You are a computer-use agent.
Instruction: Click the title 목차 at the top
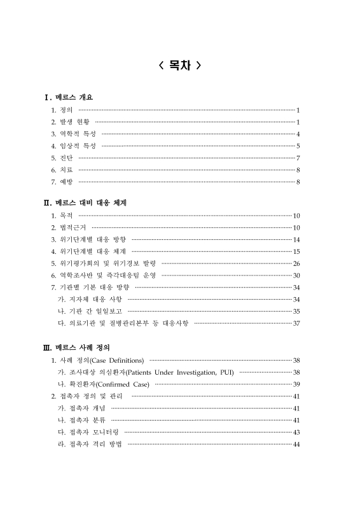pyautogui.click(x=180, y=66)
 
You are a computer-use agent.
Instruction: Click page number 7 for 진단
pyautogui.click(x=298, y=158)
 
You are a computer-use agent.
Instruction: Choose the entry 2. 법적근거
pyautogui.click(x=68, y=227)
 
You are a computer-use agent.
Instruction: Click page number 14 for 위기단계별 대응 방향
pyautogui.click(x=296, y=239)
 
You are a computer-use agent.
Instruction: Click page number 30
pyautogui.click(x=296, y=275)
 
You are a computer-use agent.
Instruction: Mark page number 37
pyautogui.click(x=296, y=323)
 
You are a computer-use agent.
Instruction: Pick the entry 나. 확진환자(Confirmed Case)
pyautogui.click(x=103, y=384)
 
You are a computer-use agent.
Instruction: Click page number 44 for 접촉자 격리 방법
pyautogui.click(x=296, y=444)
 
